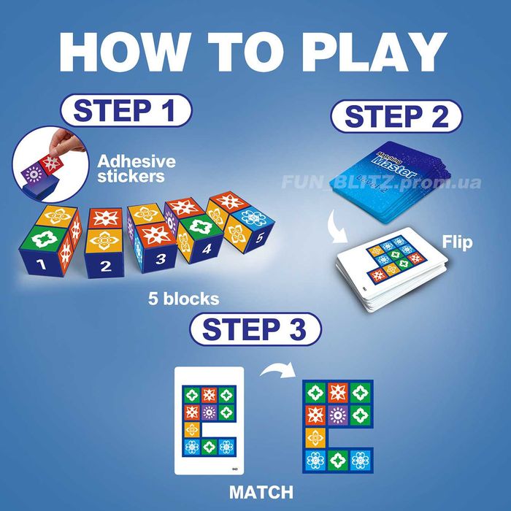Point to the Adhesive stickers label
[137, 168]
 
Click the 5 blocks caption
[184, 299]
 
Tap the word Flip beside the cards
[457, 241]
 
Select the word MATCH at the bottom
[261, 491]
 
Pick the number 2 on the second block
[105, 266]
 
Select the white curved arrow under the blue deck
[338, 224]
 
